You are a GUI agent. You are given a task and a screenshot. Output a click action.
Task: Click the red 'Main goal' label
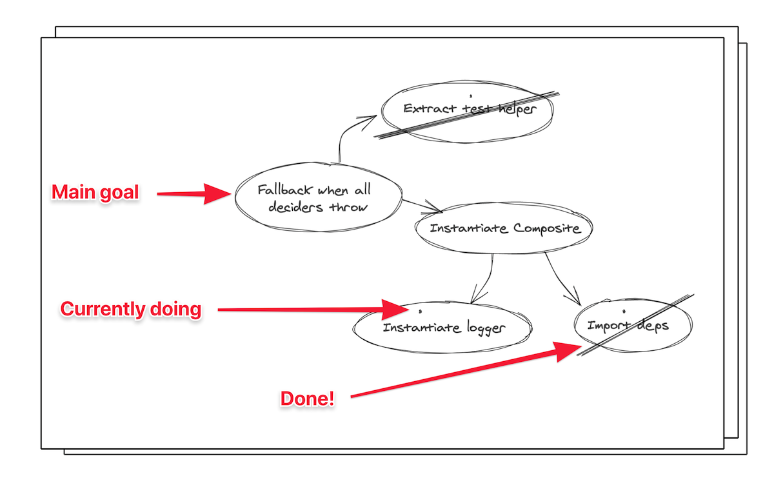pyautogui.click(x=95, y=192)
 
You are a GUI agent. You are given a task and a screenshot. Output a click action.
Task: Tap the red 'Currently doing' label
pyautogui.click(x=130, y=309)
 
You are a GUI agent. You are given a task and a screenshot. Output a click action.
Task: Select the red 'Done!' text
pyautogui.click(x=307, y=399)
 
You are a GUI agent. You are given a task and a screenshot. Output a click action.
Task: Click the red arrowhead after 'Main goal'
pyautogui.click(x=217, y=193)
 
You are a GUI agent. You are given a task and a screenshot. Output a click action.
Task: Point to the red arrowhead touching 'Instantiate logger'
pyautogui.click(x=395, y=310)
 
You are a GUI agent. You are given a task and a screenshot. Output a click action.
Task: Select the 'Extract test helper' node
pyautogui.click(x=467, y=112)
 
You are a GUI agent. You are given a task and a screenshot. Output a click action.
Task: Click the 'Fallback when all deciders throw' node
pyautogui.click(x=318, y=197)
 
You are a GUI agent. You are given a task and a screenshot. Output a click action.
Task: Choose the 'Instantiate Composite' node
pyautogui.click(x=504, y=228)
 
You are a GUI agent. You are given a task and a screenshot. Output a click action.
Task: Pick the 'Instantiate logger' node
pyautogui.click(x=442, y=327)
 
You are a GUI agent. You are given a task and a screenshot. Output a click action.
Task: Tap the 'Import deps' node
pyautogui.click(x=633, y=325)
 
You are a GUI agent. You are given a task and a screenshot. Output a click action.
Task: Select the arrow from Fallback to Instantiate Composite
pyautogui.click(x=422, y=205)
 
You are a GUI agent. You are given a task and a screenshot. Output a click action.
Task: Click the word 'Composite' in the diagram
pyautogui.click(x=546, y=229)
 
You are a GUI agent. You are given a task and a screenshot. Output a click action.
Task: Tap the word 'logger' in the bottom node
pyautogui.click(x=486, y=328)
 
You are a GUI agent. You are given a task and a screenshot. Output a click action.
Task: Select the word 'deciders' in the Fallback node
pyautogui.click(x=295, y=206)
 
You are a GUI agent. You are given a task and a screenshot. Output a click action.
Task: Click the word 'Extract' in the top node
pyautogui.click(x=430, y=108)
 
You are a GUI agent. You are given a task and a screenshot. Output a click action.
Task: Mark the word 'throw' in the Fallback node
pyautogui.click(x=348, y=206)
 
